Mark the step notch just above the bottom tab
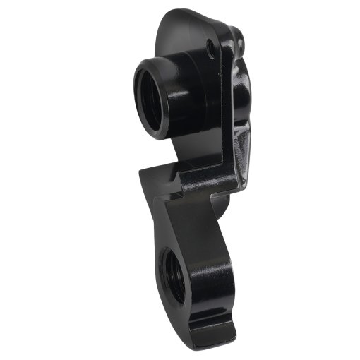(233, 311)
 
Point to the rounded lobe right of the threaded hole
(215, 268)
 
